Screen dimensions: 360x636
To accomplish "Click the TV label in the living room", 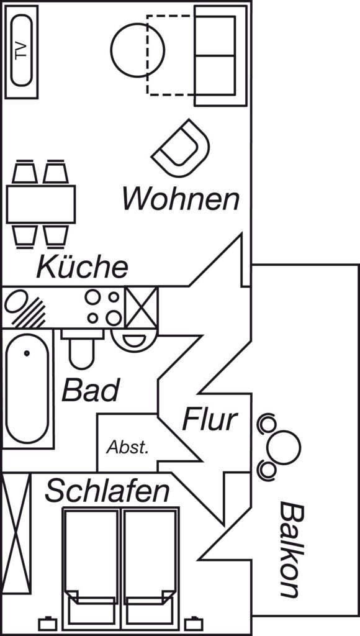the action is click(x=21, y=51).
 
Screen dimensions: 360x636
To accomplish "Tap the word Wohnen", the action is click(x=181, y=198).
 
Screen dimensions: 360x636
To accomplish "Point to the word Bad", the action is click(x=91, y=389).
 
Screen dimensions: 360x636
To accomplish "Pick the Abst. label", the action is click(x=128, y=447).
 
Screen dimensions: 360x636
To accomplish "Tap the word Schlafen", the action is click(x=107, y=491).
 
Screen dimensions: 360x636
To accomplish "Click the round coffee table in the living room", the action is click(x=137, y=50).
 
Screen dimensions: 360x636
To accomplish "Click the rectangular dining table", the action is click(x=41, y=204).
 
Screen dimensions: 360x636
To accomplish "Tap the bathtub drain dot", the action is click(x=27, y=353).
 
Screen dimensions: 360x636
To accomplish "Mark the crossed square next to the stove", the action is click(x=141, y=307).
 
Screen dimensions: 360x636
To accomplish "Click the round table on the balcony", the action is click(x=284, y=447).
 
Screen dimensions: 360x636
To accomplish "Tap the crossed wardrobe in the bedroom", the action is click(x=16, y=534).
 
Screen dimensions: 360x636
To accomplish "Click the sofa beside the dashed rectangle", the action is click(x=220, y=56).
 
